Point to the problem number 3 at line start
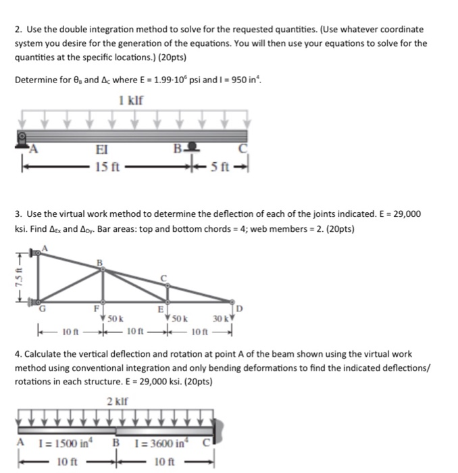pyautogui.click(x=16, y=214)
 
